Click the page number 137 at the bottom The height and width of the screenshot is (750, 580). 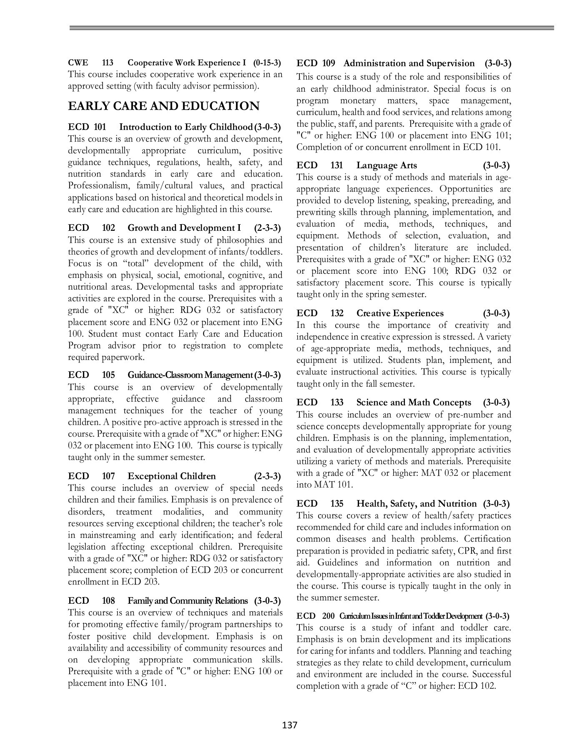coord(289,725)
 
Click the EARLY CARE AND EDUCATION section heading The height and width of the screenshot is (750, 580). coord(163,106)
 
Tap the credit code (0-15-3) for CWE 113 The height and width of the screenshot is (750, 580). coord(267,63)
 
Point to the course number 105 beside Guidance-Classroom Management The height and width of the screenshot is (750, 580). coord(108,375)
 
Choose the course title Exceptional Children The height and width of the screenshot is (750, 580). coord(171,476)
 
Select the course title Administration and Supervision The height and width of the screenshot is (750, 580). coord(409,63)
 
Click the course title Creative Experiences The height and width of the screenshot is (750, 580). coord(399,313)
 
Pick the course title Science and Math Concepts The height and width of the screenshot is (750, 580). coord(413,402)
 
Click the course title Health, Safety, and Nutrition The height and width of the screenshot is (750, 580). coord(416,504)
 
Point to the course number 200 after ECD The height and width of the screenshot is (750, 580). coord(328,616)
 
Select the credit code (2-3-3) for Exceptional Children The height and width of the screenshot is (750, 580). coord(267,476)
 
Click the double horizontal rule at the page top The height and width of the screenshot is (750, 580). coord(311,28)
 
